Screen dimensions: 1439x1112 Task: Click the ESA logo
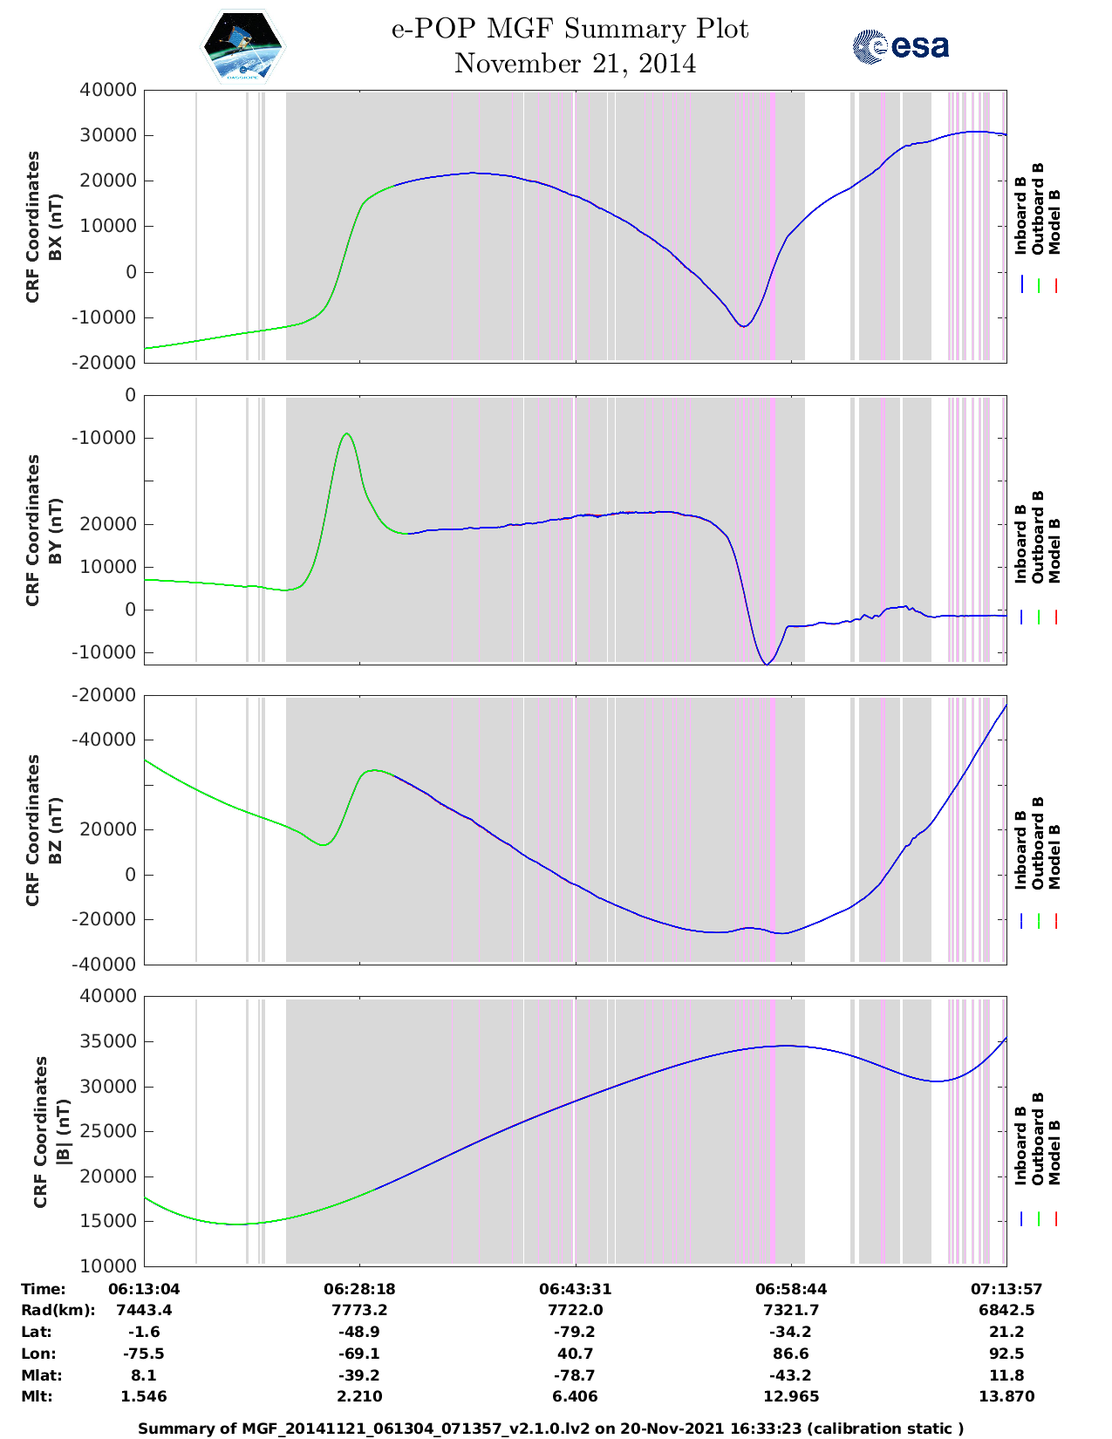point(900,46)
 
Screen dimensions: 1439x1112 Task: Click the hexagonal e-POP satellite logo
point(243,46)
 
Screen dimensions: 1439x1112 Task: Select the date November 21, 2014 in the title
point(575,64)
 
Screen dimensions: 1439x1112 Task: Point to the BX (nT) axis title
point(55,227)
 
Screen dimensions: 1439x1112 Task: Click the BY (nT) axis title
point(55,531)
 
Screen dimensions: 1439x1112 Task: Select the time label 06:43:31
point(575,1289)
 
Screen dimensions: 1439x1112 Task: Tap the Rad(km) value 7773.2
point(359,1310)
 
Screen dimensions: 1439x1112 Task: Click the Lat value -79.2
point(575,1332)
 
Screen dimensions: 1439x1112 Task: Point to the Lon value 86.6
point(791,1354)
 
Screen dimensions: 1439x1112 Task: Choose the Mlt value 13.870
point(1006,1396)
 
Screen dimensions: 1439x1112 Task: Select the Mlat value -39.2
point(359,1375)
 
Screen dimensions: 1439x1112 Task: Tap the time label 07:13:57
point(1006,1289)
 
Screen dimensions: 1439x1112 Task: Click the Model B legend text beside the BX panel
point(1054,222)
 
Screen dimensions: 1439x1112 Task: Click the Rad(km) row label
point(58,1310)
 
